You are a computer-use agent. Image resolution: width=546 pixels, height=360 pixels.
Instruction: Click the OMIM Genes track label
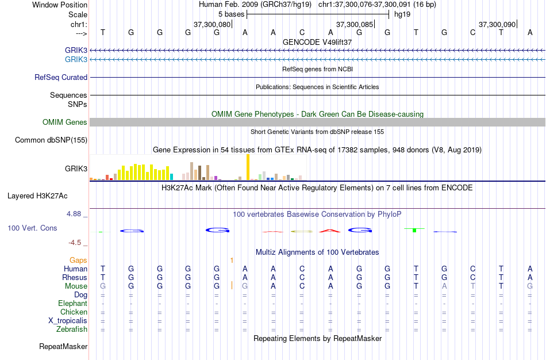(x=64, y=122)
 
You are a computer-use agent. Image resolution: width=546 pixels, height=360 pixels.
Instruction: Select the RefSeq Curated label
(x=61, y=77)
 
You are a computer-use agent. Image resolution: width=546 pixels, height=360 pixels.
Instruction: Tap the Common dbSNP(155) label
(x=51, y=140)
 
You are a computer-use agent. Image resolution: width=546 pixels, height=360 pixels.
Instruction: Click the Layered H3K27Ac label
(x=37, y=196)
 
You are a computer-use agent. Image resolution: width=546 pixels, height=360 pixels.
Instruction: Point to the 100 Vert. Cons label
(x=32, y=228)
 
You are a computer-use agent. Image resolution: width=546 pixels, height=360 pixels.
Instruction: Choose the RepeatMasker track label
(x=63, y=346)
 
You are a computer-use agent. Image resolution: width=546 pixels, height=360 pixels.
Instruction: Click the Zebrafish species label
(x=72, y=329)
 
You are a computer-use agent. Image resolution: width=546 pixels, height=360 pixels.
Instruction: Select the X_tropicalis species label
(x=68, y=320)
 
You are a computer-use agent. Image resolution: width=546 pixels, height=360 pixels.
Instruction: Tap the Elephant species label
(x=72, y=303)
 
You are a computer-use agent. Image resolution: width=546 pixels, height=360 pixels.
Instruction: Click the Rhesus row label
(x=75, y=277)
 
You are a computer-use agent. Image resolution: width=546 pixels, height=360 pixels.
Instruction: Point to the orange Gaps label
(x=78, y=260)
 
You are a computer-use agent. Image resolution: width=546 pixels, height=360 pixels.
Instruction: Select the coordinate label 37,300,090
(x=497, y=24)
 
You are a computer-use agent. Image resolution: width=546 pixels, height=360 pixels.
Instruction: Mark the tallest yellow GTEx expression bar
(x=248, y=167)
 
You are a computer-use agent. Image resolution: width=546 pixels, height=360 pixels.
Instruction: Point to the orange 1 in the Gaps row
(x=232, y=261)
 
